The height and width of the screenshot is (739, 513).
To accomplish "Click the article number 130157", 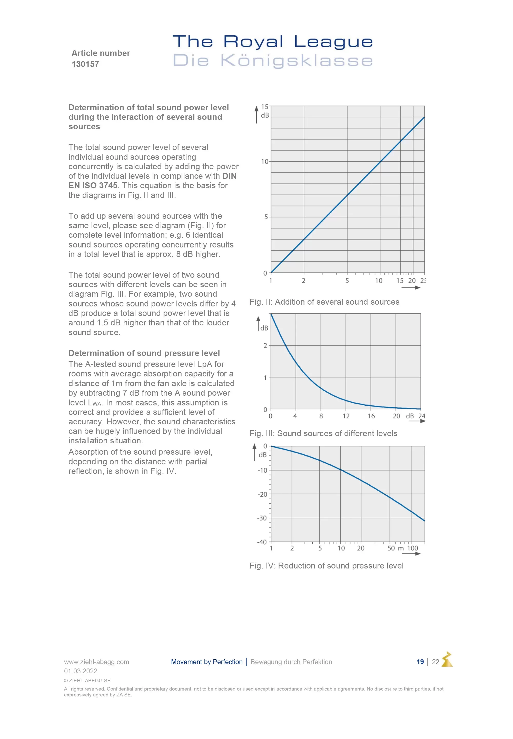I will click(85, 64).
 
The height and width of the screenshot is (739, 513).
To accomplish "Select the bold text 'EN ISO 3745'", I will click(93, 186).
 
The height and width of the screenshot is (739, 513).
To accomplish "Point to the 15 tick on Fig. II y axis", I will click(264, 107).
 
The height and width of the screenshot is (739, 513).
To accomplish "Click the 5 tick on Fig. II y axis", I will click(266, 217).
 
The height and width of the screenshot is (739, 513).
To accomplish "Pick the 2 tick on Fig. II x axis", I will click(303, 281).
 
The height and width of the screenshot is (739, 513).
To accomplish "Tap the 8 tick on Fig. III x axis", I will click(321, 416).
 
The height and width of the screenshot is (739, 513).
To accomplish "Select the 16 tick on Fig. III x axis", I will click(371, 416).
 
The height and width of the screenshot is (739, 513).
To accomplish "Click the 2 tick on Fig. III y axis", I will click(265, 346).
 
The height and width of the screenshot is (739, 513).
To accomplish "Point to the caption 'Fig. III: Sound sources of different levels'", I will click(323, 434).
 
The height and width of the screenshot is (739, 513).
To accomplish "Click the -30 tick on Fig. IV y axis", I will click(262, 518).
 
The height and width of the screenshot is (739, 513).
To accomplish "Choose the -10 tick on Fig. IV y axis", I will click(262, 470).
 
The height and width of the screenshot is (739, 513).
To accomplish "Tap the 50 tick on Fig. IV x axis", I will click(391, 548).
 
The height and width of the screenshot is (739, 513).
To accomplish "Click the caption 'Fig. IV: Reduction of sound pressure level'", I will click(326, 566).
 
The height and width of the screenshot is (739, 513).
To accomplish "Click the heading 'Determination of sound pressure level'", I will click(144, 353).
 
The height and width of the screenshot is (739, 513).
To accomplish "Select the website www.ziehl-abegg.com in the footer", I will click(96, 662).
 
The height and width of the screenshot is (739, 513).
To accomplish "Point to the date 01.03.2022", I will click(81, 671).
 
